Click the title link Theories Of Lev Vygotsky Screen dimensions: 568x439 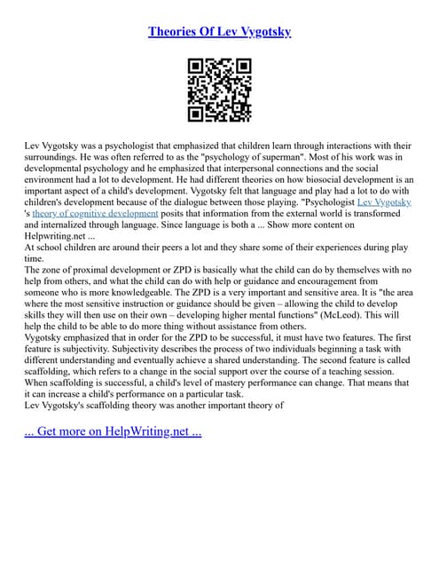click(219, 32)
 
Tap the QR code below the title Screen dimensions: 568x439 click(219, 90)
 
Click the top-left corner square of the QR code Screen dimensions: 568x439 click(197, 67)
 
